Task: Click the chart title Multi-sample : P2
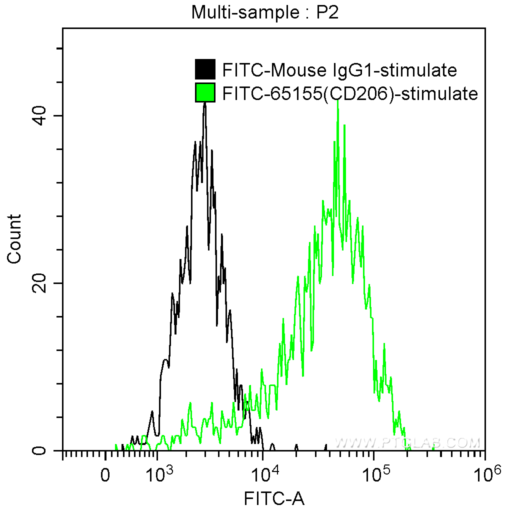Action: click(265, 12)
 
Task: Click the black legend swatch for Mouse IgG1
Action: click(205, 69)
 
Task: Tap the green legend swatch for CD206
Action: click(205, 92)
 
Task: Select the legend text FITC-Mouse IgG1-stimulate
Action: click(339, 70)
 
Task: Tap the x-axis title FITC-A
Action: click(273, 498)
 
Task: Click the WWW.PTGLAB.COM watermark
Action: click(407, 442)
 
